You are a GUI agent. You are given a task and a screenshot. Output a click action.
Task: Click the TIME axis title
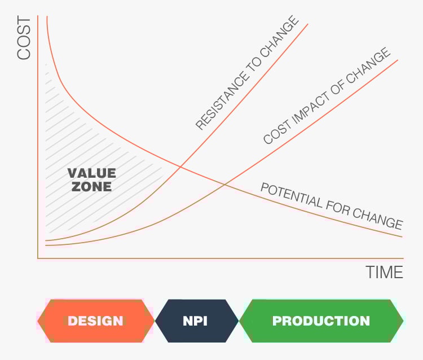click(385, 273)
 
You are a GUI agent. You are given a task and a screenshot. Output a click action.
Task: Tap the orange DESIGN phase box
click(95, 321)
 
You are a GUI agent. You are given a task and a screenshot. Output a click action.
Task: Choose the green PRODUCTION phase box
click(321, 321)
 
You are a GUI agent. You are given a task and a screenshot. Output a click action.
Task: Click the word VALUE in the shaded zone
click(91, 173)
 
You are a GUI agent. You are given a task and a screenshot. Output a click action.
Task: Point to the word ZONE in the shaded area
click(91, 186)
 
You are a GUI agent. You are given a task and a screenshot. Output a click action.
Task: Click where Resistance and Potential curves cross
click(180, 166)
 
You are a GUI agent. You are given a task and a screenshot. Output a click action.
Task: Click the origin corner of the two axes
click(38, 258)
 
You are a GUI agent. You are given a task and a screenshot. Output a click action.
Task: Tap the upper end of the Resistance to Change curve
click(308, 24)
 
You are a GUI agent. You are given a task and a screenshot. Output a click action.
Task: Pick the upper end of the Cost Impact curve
click(398, 59)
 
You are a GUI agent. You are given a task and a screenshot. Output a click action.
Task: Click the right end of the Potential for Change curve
click(402, 236)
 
